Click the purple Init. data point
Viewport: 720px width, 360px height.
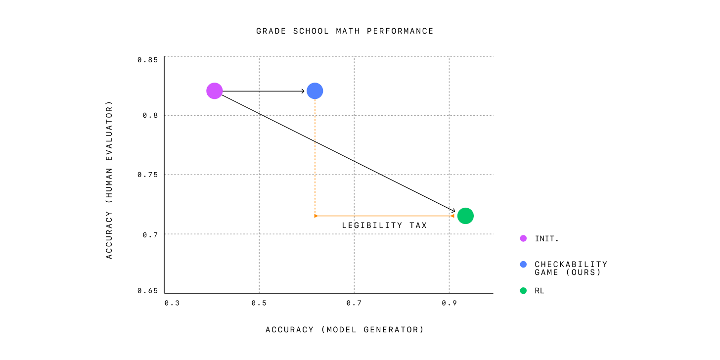click(214, 91)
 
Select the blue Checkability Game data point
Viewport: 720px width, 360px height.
click(315, 91)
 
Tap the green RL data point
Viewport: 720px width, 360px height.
click(465, 216)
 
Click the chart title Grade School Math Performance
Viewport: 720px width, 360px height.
click(345, 31)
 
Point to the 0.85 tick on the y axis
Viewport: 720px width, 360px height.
click(147, 60)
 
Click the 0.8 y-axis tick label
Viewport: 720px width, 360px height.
click(150, 115)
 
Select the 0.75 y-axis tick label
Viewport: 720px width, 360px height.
click(147, 175)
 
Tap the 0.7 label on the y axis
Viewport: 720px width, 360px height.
click(150, 234)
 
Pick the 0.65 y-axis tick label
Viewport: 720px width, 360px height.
click(147, 291)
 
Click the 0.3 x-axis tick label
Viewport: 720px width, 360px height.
click(172, 303)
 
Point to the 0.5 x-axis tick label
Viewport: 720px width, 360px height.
click(259, 303)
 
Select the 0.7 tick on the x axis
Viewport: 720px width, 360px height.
click(354, 303)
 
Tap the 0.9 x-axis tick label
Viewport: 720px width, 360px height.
click(449, 303)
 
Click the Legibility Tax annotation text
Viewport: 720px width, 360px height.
click(384, 225)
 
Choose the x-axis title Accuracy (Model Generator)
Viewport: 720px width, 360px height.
click(345, 330)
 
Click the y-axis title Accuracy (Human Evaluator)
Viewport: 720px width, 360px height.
click(109, 180)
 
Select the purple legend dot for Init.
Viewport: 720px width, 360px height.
click(523, 238)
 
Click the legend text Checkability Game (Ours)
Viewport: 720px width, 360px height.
click(571, 268)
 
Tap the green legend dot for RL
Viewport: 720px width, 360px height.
click(523, 291)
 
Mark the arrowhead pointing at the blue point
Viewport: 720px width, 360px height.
click(303, 91)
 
